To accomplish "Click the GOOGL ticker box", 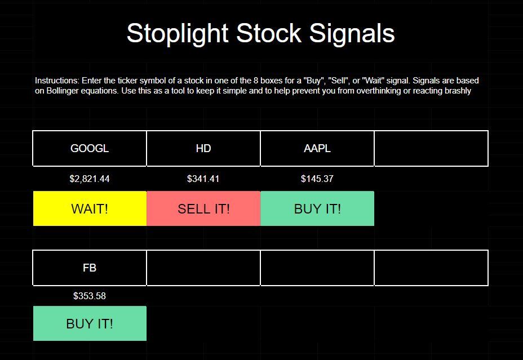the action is (90, 148).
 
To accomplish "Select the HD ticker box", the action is (203, 148).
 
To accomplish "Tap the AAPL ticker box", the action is (317, 148).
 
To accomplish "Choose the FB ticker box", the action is (90, 268).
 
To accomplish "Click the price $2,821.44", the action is (90, 179).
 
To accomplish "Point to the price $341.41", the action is (203, 179).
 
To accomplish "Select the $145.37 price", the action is (317, 179).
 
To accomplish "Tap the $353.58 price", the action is (90, 296).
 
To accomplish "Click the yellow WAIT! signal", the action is (90, 208).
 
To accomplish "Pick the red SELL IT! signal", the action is (203, 208).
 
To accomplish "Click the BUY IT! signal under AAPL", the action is (317, 208).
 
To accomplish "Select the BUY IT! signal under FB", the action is (90, 323).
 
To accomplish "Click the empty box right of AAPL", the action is (431, 148).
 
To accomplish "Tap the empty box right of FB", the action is (203, 268).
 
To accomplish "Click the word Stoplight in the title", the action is (178, 34).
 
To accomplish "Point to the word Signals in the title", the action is (352, 34).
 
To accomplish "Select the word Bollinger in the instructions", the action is (63, 91).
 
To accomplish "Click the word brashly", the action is (458, 91).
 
